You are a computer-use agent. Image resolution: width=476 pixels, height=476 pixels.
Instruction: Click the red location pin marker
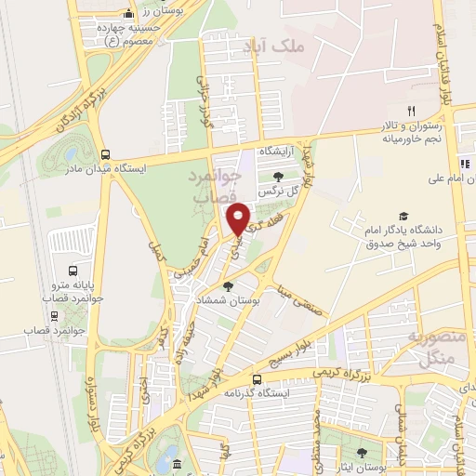point(239,218)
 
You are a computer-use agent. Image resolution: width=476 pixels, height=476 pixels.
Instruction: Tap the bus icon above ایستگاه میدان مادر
point(104,155)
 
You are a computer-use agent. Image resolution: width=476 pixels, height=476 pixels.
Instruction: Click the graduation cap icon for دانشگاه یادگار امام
point(403,216)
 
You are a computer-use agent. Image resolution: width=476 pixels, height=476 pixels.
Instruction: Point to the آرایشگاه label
point(275,150)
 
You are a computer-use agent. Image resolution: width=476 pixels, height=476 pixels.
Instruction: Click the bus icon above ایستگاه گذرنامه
point(257,379)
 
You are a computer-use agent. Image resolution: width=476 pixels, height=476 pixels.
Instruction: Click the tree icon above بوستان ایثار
point(362,455)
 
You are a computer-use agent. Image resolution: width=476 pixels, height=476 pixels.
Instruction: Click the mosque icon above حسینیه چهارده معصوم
point(127,14)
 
